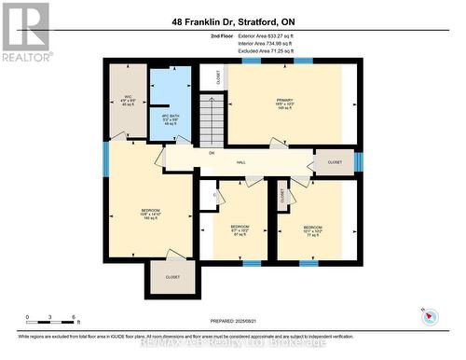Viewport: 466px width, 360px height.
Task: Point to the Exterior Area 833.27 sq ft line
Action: point(258,36)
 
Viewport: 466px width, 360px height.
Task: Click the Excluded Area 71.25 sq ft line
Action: point(258,51)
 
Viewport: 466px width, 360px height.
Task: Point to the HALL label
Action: point(240,163)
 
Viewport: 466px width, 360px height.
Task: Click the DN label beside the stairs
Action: point(212,153)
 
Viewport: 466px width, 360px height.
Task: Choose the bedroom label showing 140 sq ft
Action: point(150,215)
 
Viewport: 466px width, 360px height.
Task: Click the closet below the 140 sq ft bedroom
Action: point(172,277)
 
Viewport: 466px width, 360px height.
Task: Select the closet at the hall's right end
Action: point(334,162)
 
